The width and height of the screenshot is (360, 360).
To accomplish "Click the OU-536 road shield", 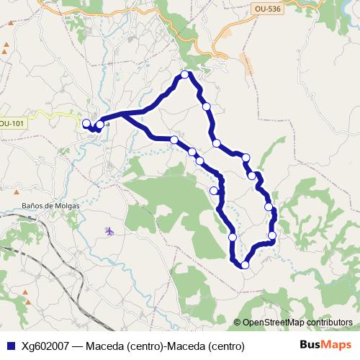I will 266,9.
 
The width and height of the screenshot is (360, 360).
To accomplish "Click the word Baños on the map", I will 35,205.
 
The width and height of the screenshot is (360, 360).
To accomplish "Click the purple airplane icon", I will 109,231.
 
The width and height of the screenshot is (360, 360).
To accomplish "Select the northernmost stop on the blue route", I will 185,74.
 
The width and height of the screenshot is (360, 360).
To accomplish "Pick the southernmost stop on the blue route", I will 245,265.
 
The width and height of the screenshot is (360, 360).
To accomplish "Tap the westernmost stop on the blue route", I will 86,123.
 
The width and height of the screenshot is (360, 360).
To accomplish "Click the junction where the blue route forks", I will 124,114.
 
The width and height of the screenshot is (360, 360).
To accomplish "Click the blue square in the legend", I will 10,346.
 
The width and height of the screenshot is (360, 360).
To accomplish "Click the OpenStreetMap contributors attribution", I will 293,323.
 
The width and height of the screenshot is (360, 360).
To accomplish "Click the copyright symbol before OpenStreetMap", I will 237,323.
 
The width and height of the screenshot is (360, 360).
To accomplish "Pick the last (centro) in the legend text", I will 227,346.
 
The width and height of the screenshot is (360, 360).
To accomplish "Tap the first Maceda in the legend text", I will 106,346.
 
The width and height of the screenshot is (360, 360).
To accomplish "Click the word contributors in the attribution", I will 324,323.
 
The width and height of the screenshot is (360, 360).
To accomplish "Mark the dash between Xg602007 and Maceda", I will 78,346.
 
